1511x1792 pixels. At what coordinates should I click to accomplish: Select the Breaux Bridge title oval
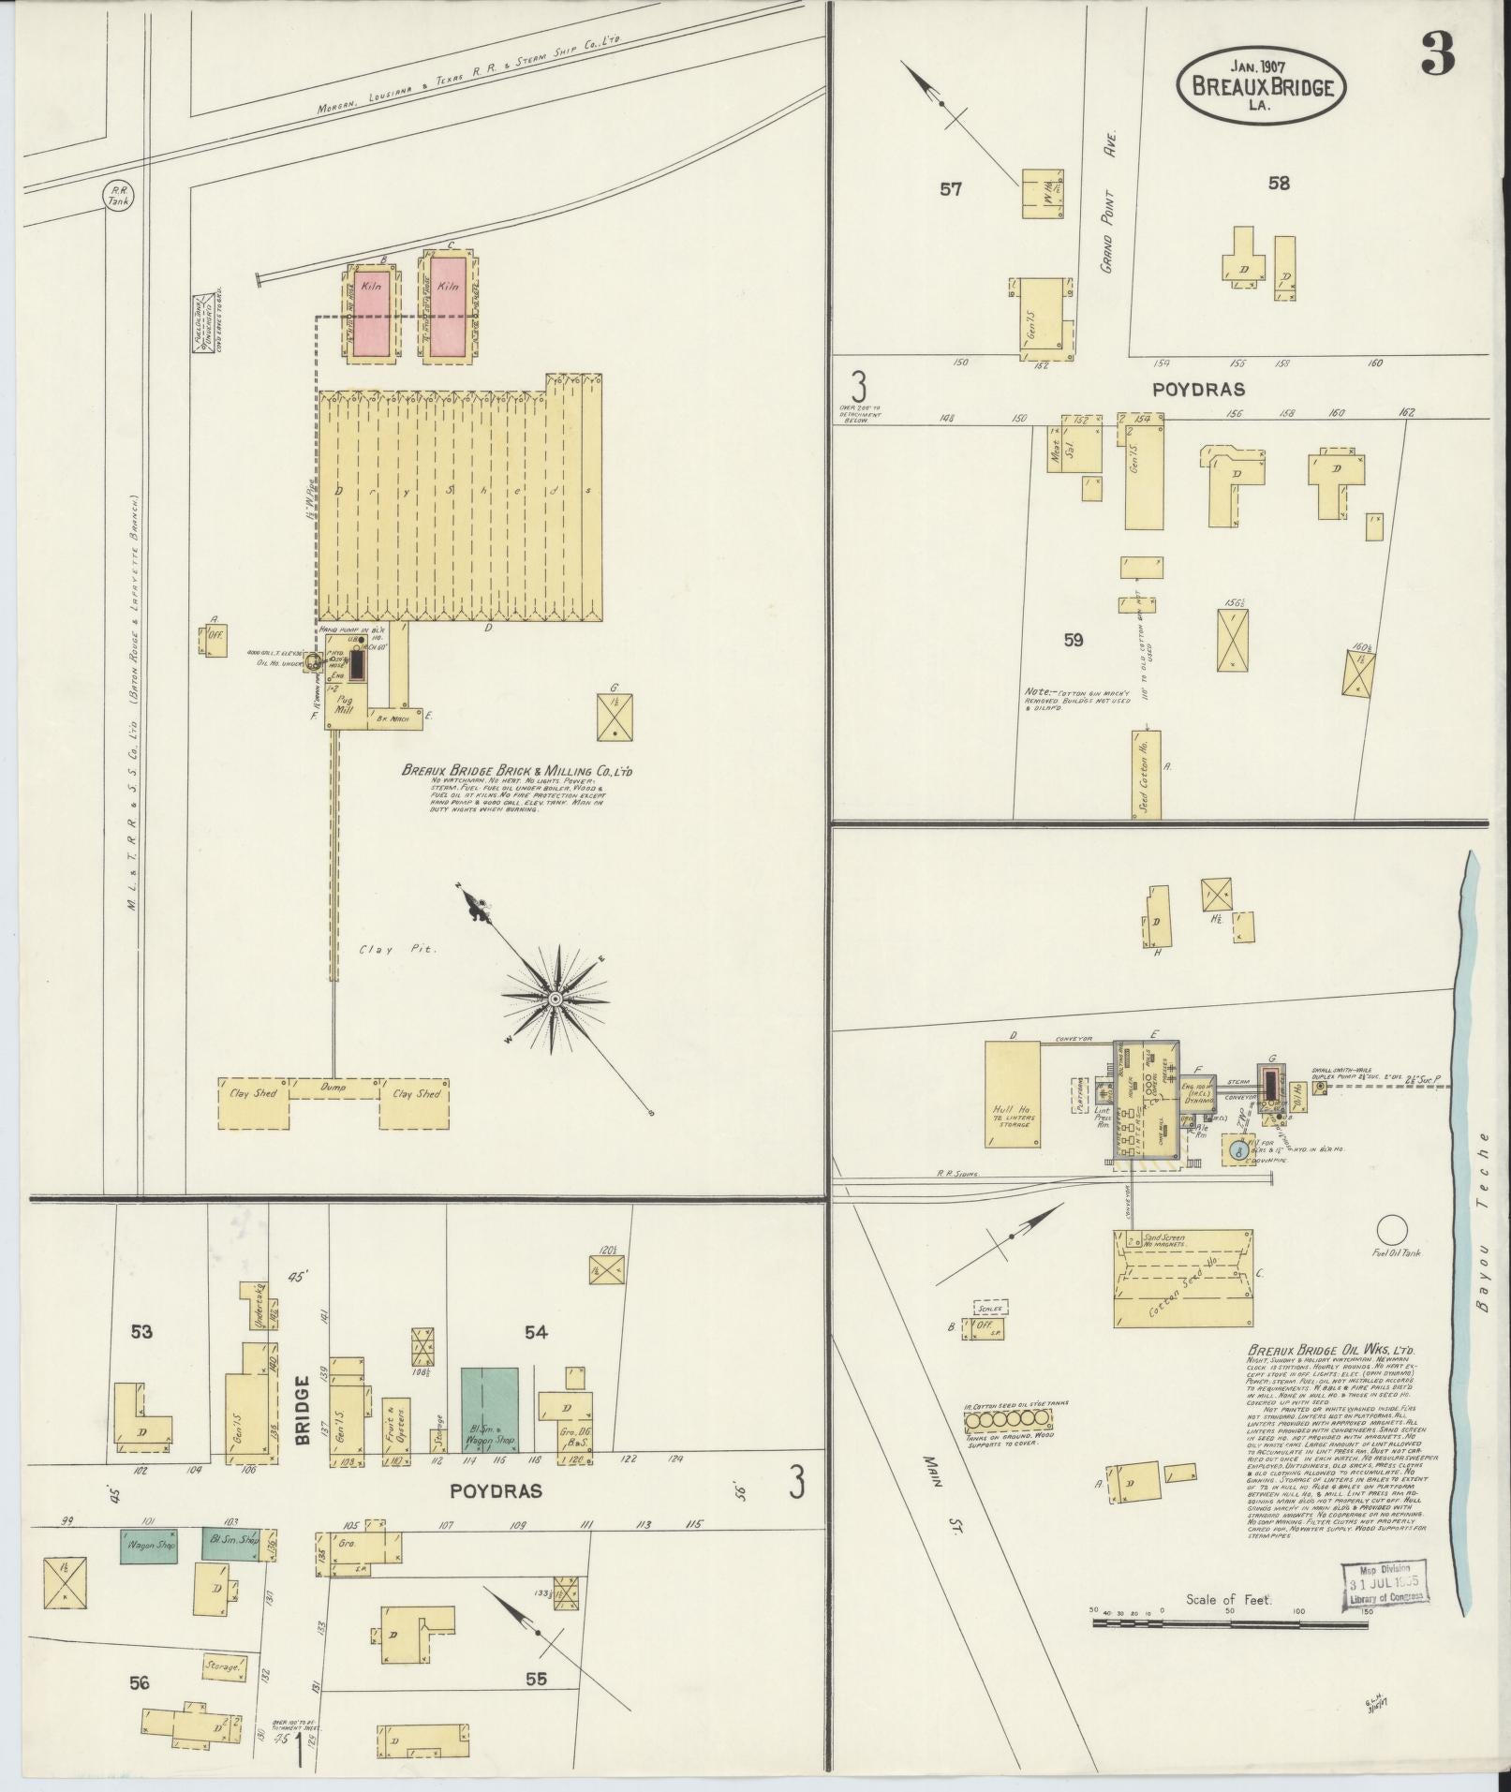tap(1262, 85)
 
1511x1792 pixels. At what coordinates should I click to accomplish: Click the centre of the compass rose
tap(556, 1000)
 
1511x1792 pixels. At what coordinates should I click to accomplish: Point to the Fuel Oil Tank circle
tap(1391, 1228)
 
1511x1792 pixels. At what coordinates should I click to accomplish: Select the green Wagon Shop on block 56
tap(149, 1545)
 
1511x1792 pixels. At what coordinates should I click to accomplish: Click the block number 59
tap(1074, 640)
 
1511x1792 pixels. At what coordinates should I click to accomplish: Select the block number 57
tap(951, 189)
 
